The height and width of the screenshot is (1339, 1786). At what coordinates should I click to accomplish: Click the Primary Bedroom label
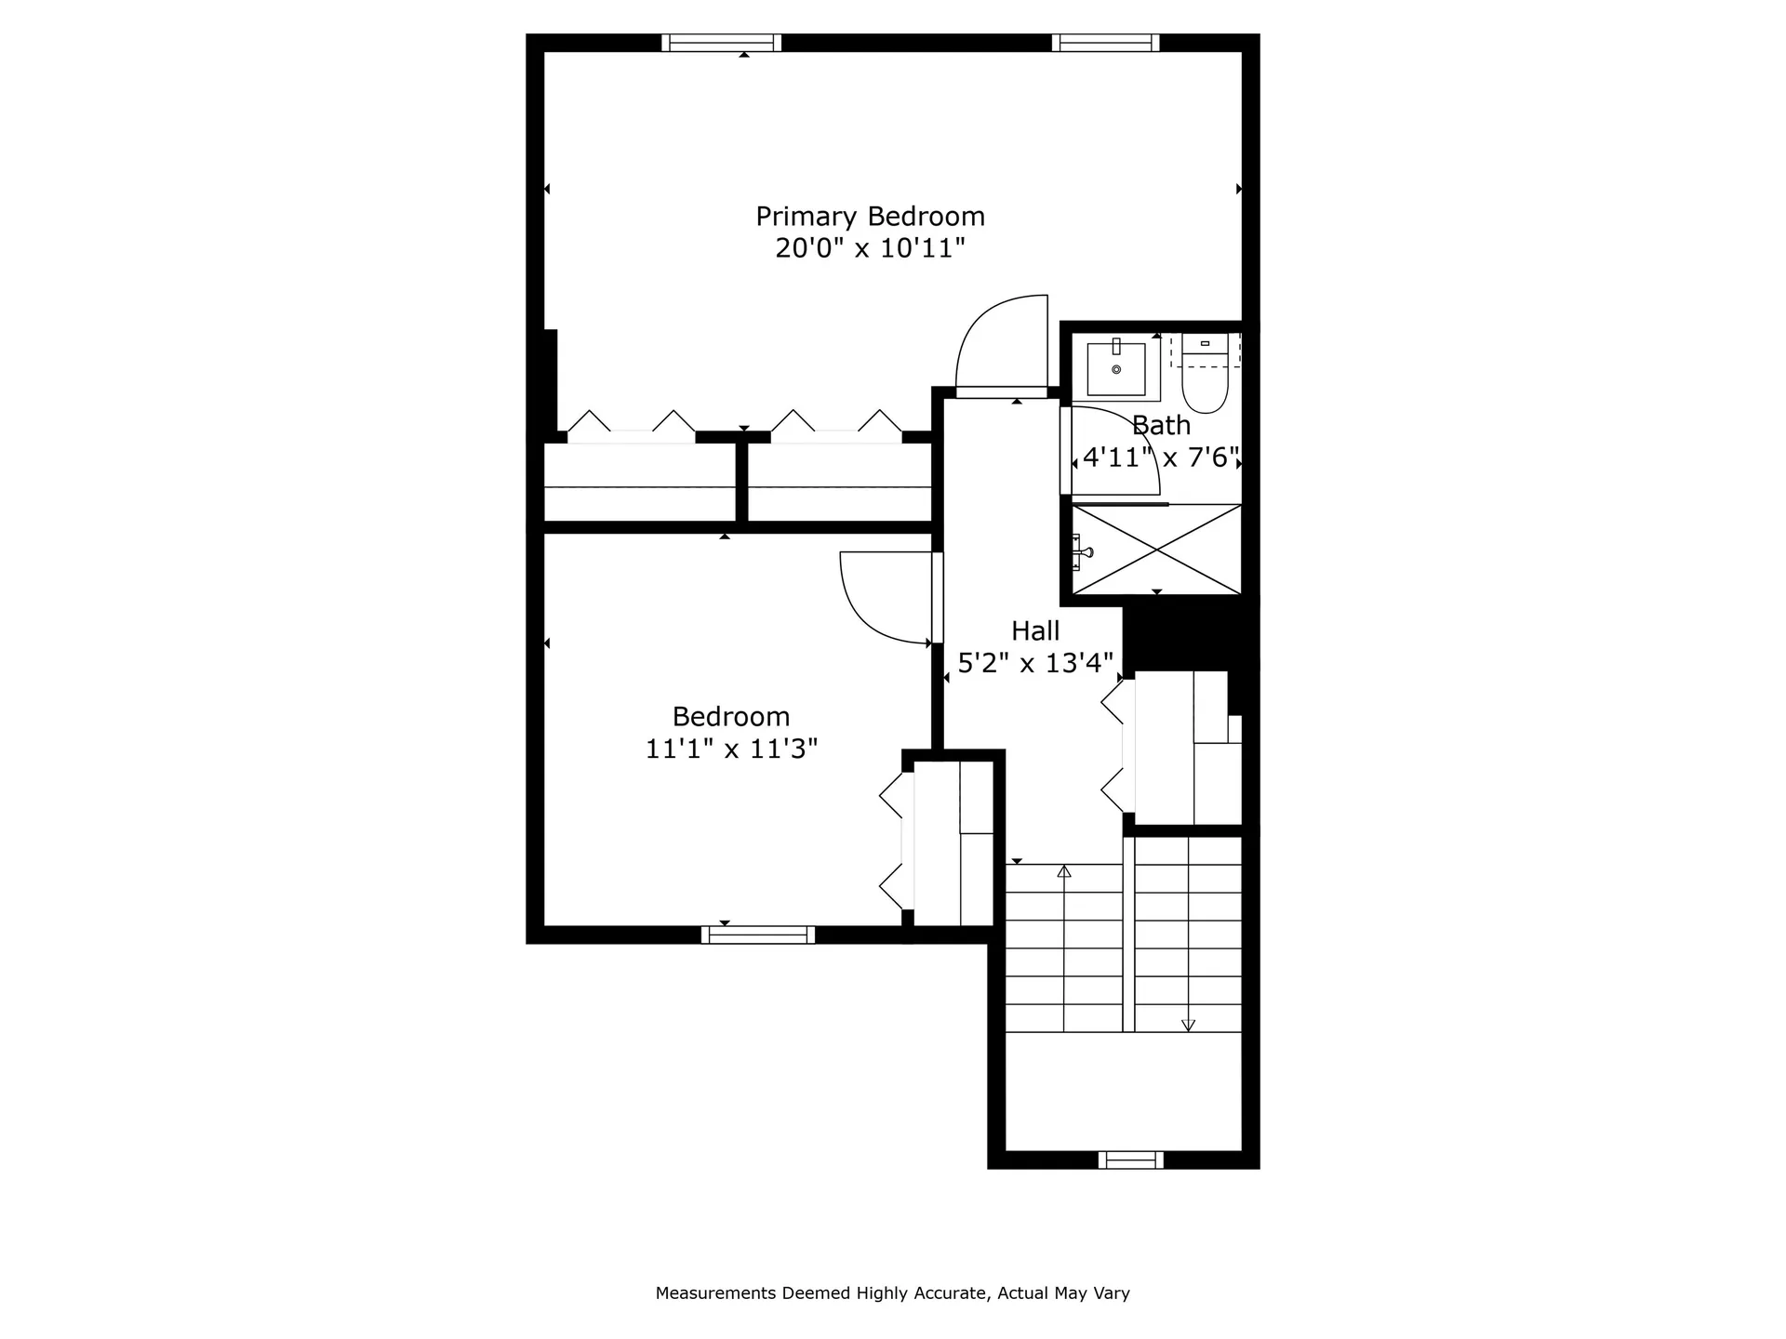point(870,217)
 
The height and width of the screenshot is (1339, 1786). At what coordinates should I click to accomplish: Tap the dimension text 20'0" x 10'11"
point(870,248)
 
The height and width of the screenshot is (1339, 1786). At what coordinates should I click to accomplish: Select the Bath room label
point(1161,426)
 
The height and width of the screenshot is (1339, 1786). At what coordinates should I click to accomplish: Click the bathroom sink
point(1116,368)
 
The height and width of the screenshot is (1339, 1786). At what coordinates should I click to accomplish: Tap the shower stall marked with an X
point(1156,549)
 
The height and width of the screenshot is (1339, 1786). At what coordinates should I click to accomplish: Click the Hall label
point(1035,631)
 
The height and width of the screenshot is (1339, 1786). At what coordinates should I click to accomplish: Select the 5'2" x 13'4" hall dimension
point(1035,663)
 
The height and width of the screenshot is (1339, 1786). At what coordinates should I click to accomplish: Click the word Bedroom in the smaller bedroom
point(731,717)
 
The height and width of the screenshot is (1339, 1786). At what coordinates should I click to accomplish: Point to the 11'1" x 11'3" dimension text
point(731,749)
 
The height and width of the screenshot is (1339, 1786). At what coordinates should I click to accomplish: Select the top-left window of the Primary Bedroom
point(722,43)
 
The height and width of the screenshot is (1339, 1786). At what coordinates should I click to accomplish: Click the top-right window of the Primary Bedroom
point(1105,43)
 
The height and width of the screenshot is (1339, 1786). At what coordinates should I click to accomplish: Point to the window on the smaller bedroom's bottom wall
point(758,935)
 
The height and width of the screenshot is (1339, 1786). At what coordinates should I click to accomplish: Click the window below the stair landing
point(1130,1160)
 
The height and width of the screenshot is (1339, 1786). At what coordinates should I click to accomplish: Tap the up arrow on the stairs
point(1064,872)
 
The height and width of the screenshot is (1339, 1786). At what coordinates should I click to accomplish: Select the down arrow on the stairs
point(1188,1025)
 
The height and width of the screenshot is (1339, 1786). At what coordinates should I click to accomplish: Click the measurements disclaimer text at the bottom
point(892,1293)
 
